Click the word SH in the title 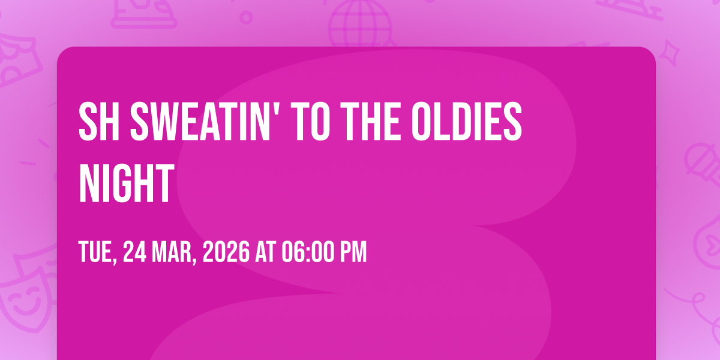tap(99, 121)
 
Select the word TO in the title tap(313, 121)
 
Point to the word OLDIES tap(467, 121)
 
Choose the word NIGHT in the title tap(127, 183)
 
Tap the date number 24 tap(134, 251)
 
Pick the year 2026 tap(226, 251)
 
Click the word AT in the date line tap(265, 251)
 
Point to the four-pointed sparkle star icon tap(669, 53)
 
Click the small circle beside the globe tap(246, 17)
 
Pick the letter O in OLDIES tap(421, 121)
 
